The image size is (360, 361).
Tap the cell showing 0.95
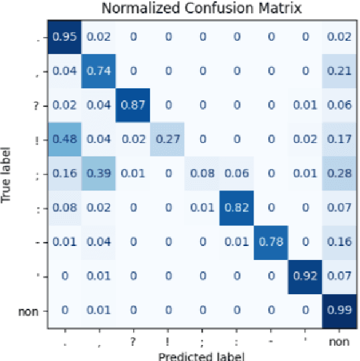(x=64, y=37)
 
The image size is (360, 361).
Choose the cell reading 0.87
(x=133, y=106)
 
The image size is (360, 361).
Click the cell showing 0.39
(x=98, y=174)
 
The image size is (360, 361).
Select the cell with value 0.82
(x=237, y=209)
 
